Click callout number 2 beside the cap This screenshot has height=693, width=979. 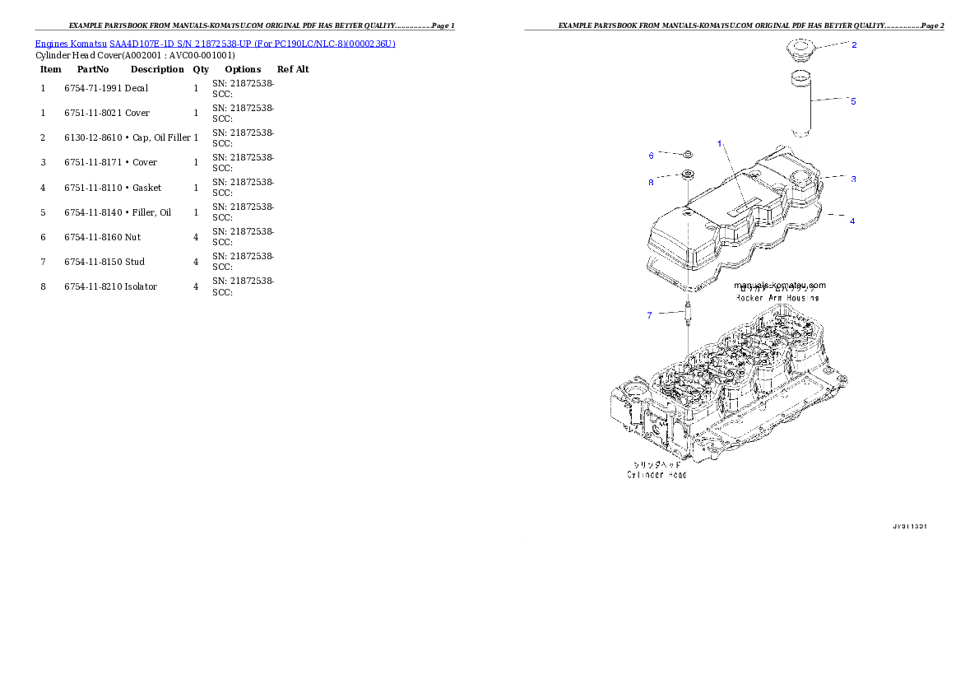pos(854,44)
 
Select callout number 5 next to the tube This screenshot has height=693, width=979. pos(853,101)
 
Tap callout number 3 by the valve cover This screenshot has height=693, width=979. pos(853,179)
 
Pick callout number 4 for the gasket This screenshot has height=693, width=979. pos(852,221)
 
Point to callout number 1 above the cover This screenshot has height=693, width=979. pos(719,143)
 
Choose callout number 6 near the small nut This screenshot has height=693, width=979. pos(651,156)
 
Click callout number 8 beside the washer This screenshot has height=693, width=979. pos(651,182)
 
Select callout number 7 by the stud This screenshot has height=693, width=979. pos(649,315)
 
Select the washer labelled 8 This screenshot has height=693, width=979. pos(684,174)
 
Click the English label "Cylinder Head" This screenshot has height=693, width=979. pos(656,475)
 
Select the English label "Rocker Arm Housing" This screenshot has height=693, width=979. pos(777,297)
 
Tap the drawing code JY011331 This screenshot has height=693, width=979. pos(910,526)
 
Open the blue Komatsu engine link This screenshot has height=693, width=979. pos(215,43)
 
